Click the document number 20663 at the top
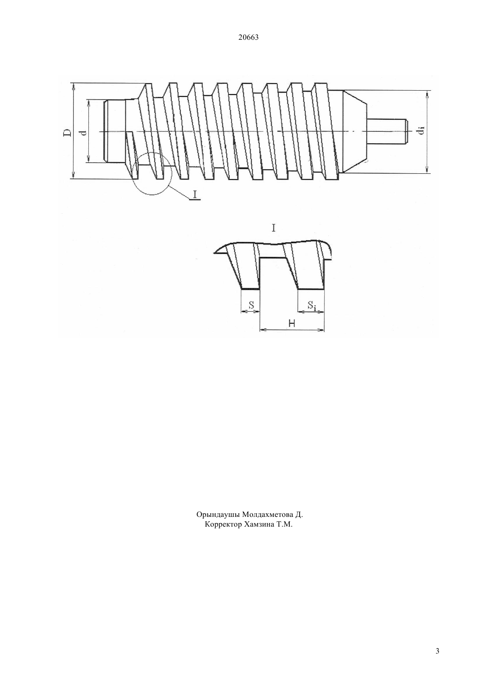click(248, 38)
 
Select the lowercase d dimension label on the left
click(84, 132)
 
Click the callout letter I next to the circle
click(194, 194)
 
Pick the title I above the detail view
click(273, 228)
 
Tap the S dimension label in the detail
click(251, 305)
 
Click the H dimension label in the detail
click(292, 323)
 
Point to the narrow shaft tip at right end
click(388, 131)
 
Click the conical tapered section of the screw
click(354, 131)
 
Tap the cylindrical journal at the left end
click(114, 131)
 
